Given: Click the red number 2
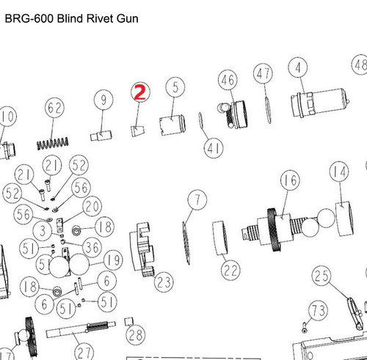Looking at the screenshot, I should point(139,92).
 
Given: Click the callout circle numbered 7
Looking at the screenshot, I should point(196,199).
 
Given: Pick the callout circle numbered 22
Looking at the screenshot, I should point(230,270).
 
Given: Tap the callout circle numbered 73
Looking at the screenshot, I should point(316,311).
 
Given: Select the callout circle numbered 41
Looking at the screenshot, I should point(214,148).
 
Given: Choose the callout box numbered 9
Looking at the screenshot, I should point(104,100).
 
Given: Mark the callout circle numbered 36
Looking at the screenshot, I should point(92,245).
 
